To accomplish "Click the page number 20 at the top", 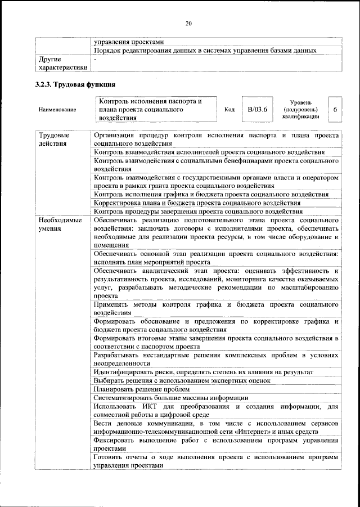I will [188, 23].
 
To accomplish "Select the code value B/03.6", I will [257, 109].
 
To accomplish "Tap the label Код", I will [229, 110].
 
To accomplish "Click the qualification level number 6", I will [335, 109].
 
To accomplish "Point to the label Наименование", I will [57, 110].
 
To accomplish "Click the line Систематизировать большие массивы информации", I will [171, 397].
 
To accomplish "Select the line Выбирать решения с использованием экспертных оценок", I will [182, 380].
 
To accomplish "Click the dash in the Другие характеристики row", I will [96, 59].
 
